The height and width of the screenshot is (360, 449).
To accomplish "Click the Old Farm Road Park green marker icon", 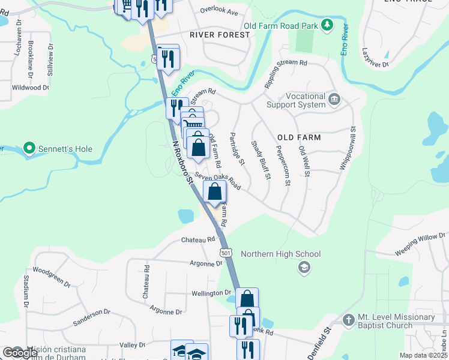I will pos(327,26).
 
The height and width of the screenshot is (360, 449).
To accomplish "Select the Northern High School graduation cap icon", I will pos(304,267).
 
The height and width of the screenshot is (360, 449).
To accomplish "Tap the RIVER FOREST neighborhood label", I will pos(220,35).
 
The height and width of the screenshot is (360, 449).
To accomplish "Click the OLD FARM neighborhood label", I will pos(299,137).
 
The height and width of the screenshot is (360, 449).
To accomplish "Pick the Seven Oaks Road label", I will pos(217,181).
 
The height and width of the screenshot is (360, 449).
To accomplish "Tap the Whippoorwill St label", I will pos(349,147).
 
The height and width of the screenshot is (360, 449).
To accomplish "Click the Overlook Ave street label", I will pos(219,12).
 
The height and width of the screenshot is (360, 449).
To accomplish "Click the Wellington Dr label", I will pos(211,293).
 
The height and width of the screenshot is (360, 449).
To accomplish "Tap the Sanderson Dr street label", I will pos(91,317).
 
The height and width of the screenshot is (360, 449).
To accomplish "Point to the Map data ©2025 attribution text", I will pos(424,355).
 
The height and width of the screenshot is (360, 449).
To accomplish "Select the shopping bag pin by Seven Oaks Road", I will pos(214,193).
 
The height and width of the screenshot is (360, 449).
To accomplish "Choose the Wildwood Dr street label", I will pos(30,88).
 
